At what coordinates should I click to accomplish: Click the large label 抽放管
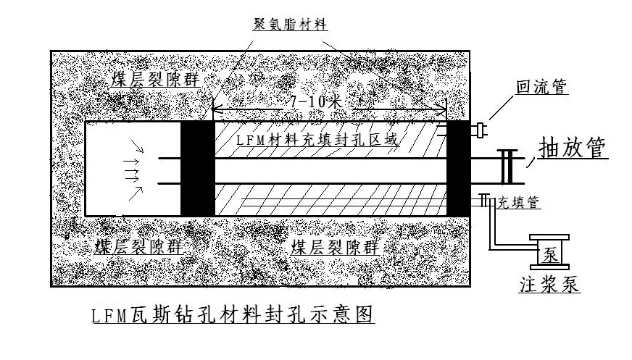tap(573, 148)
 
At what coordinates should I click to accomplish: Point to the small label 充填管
tap(517, 203)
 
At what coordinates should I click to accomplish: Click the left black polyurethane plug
tap(196, 167)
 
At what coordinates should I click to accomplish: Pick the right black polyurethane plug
tap(458, 167)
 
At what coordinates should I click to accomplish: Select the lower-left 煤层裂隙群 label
tap(138, 246)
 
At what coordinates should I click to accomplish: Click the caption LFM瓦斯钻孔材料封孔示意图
tap(230, 316)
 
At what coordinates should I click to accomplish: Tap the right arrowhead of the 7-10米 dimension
tap(442, 110)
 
